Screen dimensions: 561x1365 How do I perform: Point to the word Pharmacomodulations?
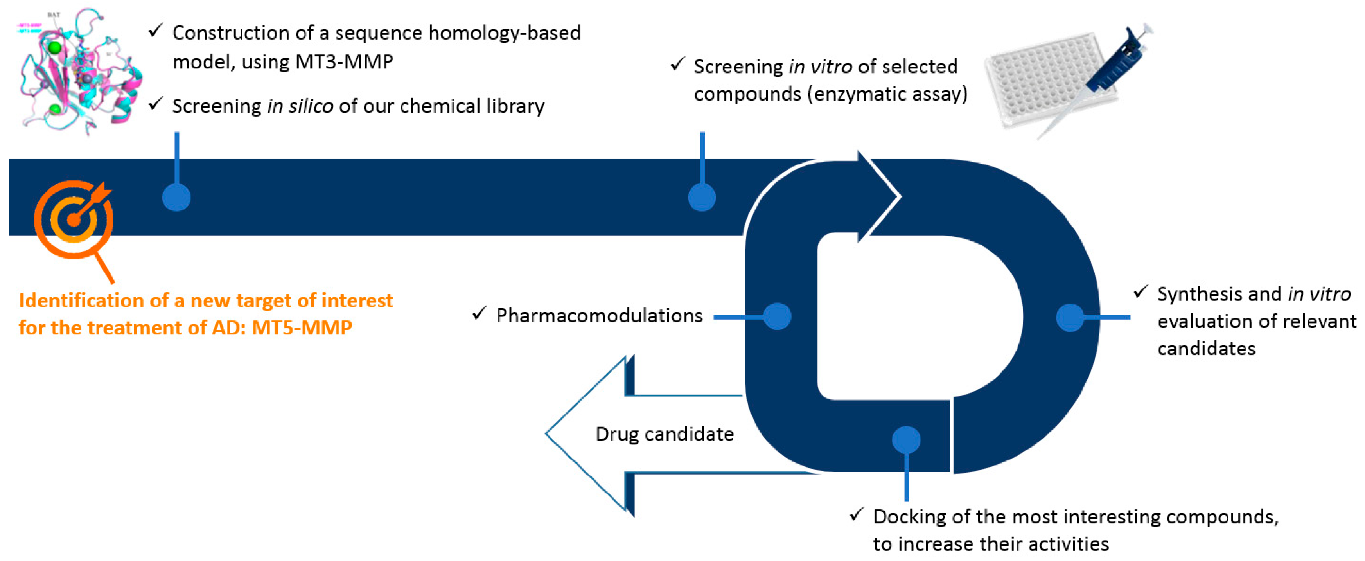(x=599, y=316)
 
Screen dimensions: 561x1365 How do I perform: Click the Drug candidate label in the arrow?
(x=665, y=434)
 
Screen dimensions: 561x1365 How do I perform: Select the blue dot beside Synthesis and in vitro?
(x=1070, y=318)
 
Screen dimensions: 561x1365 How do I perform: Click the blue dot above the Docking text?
(x=906, y=440)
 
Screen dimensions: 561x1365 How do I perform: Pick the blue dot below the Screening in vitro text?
(x=702, y=198)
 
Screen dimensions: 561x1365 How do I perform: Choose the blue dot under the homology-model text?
(x=176, y=198)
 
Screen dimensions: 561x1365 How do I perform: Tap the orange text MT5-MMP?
(x=302, y=328)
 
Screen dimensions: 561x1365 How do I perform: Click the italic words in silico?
(x=300, y=106)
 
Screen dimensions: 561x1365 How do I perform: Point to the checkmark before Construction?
(x=155, y=31)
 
